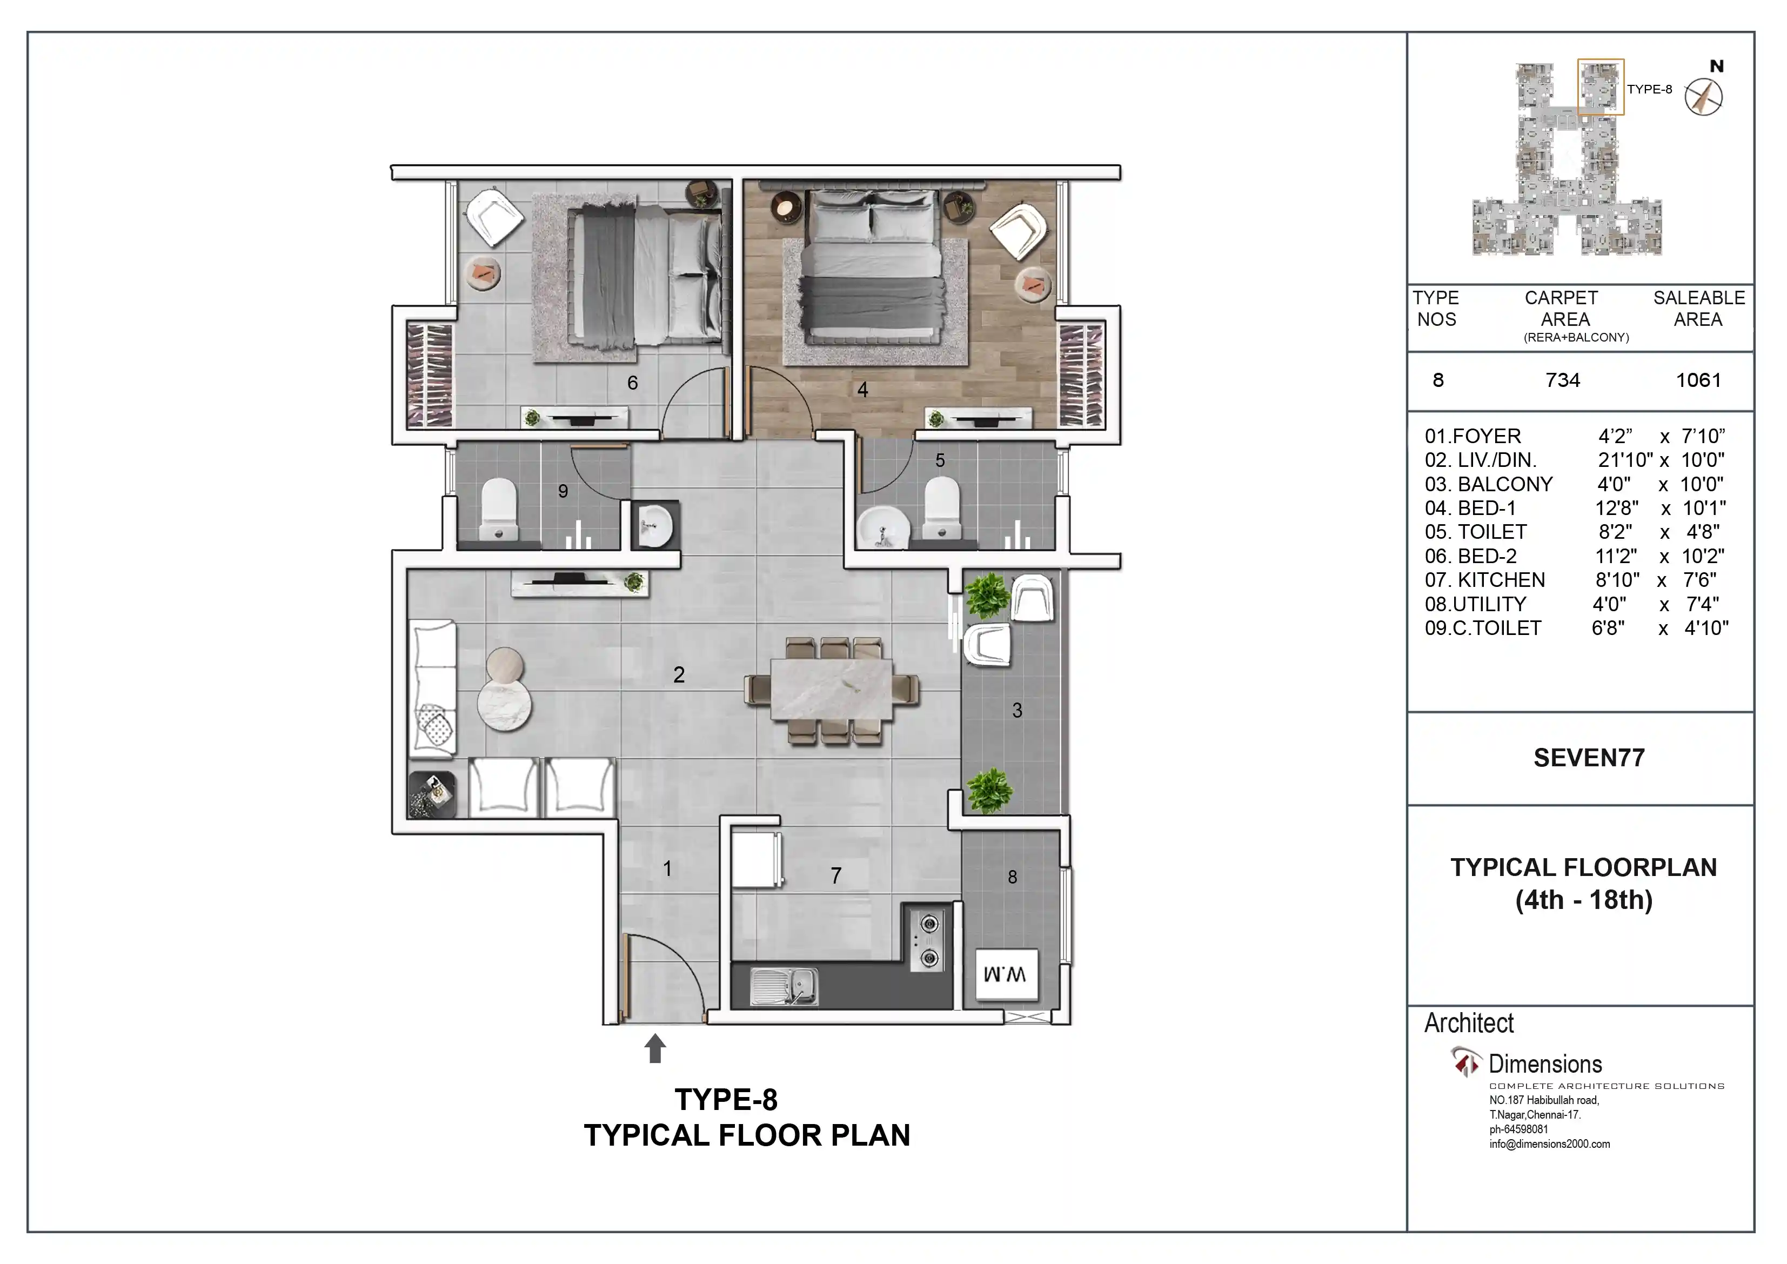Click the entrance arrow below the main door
tap(655, 1048)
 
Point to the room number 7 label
tap(836, 875)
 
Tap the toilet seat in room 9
tap(499, 509)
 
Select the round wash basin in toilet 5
tap(884, 529)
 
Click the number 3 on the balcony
tap(1018, 710)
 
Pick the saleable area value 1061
tap(1698, 380)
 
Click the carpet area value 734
tap(1563, 380)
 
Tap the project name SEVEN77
tap(1589, 758)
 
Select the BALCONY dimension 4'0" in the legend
tap(1614, 484)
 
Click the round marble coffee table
tap(504, 706)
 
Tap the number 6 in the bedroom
tap(633, 383)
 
